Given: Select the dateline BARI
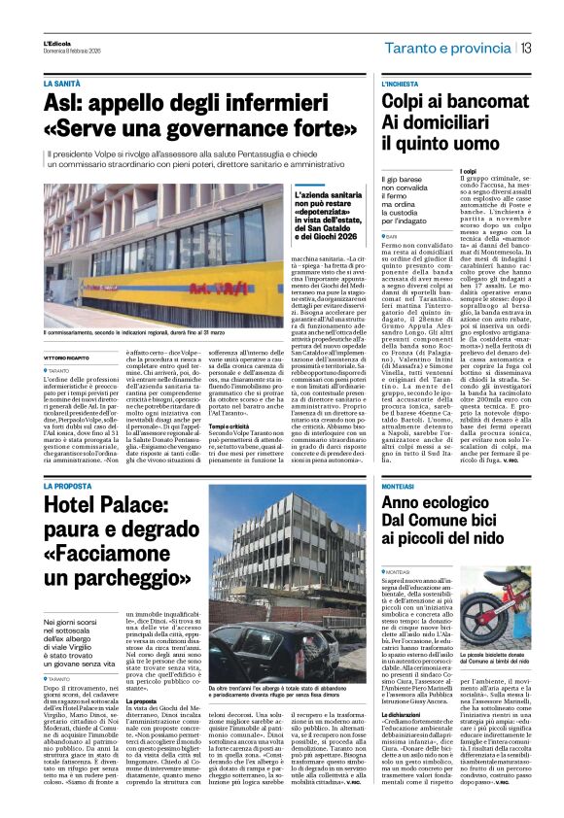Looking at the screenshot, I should point(394,235).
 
